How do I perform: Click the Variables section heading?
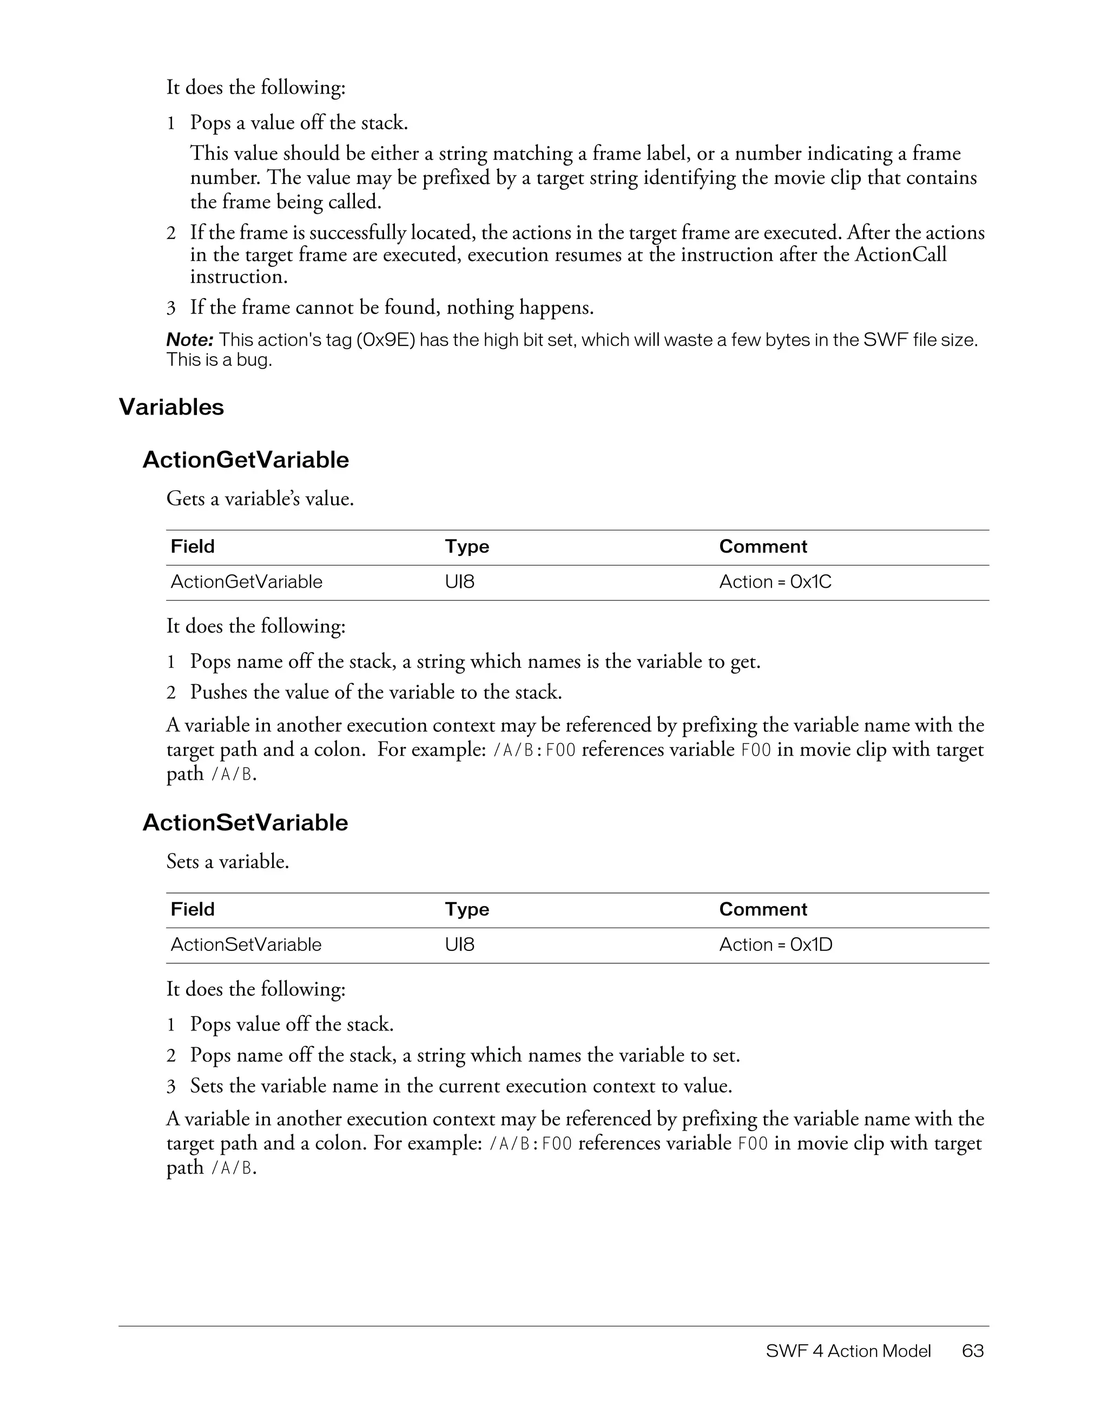tap(171, 407)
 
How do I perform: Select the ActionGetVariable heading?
tap(245, 460)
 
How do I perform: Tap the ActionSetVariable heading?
tap(245, 823)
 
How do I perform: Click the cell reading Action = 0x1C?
tap(775, 582)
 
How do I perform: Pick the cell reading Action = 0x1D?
tap(775, 945)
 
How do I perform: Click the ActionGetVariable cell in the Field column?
tap(247, 582)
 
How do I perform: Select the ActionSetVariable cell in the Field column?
tap(246, 945)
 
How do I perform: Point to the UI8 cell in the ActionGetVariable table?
tap(459, 582)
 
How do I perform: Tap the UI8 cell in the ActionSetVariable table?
tap(459, 945)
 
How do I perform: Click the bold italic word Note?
tap(190, 340)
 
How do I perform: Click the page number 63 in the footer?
tap(972, 1351)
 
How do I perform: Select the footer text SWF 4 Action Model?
tap(848, 1351)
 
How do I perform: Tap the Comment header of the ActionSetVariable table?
tap(762, 910)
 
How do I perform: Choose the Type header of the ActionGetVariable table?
tap(466, 547)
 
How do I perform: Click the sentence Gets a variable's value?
tap(260, 499)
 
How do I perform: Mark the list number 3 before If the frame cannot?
tap(171, 308)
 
